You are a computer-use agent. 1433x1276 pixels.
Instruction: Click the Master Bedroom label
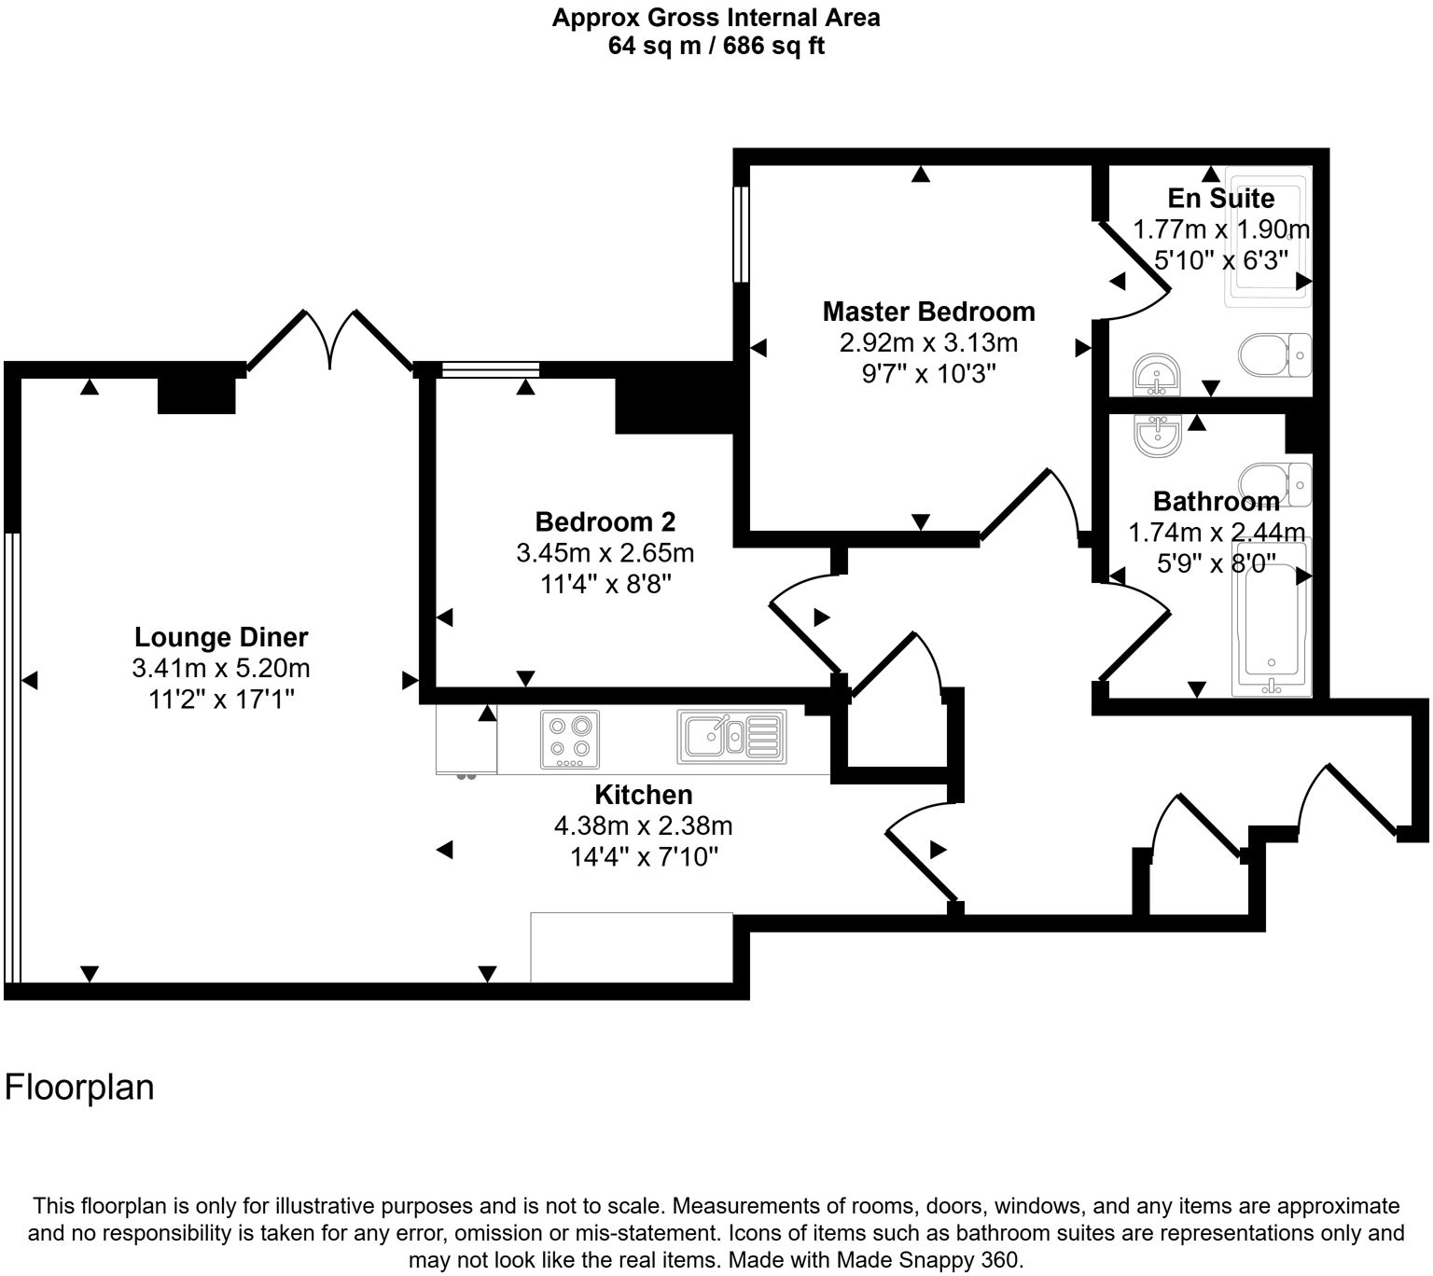pos(928,312)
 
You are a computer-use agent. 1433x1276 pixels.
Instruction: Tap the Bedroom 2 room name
pos(605,521)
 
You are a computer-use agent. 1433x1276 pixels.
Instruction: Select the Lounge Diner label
pos(221,638)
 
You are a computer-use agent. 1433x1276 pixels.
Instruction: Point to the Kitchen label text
pos(644,795)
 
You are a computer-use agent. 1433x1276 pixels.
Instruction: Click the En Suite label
pos(1220,199)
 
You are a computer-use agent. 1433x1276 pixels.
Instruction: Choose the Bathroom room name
pos(1216,502)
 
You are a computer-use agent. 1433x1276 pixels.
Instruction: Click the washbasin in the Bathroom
pos(1158,433)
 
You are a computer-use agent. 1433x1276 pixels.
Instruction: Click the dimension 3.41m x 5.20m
pos(221,669)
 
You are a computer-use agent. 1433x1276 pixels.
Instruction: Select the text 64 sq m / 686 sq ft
pos(716,46)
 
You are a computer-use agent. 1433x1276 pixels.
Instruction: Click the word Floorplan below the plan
pos(79,1088)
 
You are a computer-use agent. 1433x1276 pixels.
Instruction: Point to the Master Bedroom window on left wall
pos(741,234)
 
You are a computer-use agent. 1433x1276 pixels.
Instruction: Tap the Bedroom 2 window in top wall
pos(490,369)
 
